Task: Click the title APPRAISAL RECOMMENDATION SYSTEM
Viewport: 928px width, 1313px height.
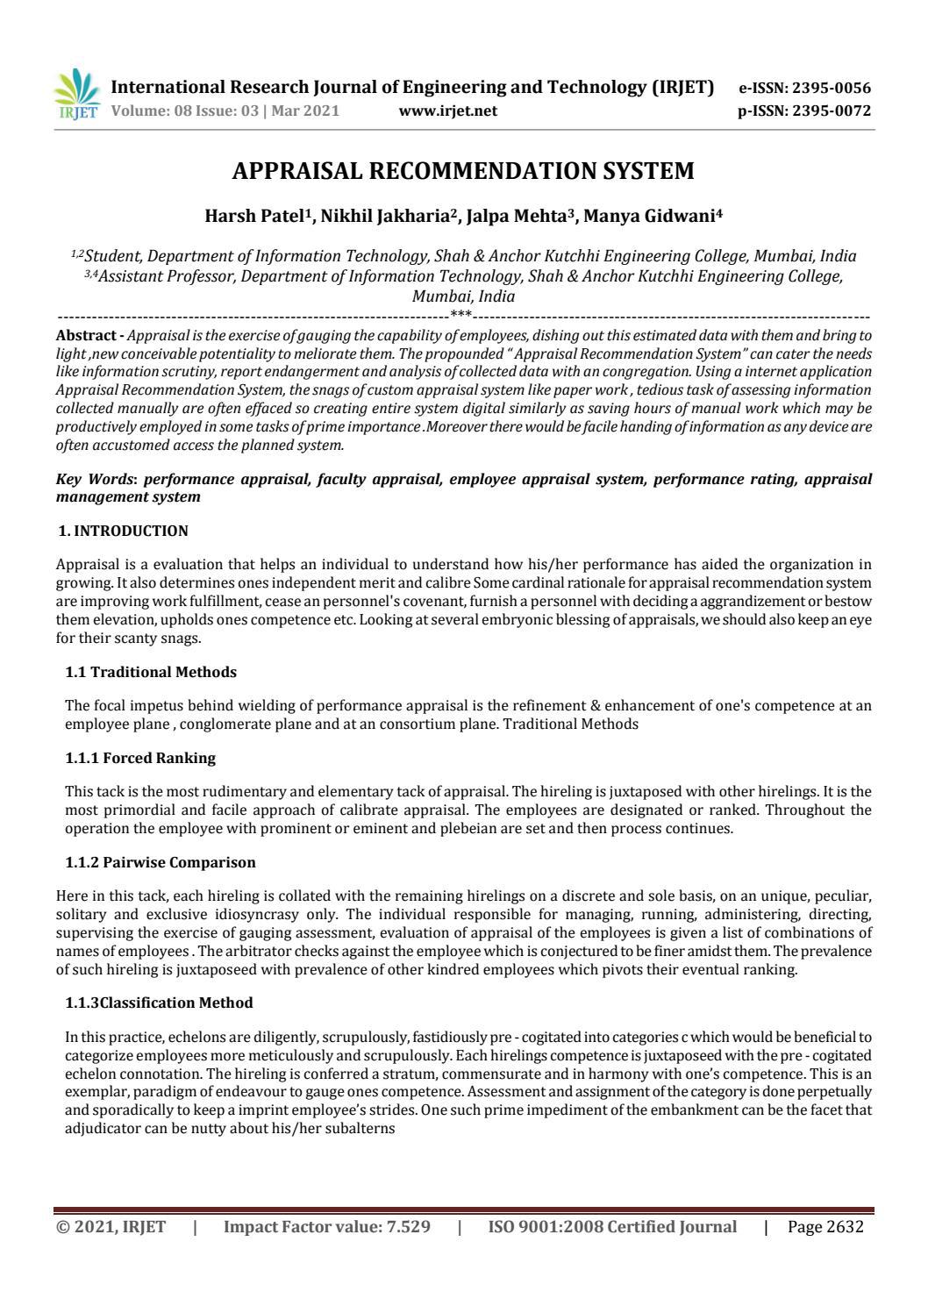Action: (463, 171)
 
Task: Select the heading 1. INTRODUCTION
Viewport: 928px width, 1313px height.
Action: (123, 531)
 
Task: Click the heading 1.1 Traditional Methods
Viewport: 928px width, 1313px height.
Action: (151, 672)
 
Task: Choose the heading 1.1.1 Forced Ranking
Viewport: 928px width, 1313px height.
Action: (140, 757)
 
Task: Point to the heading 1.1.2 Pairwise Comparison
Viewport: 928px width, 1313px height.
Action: (161, 862)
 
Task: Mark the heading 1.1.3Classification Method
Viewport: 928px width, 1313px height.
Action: (159, 1003)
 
